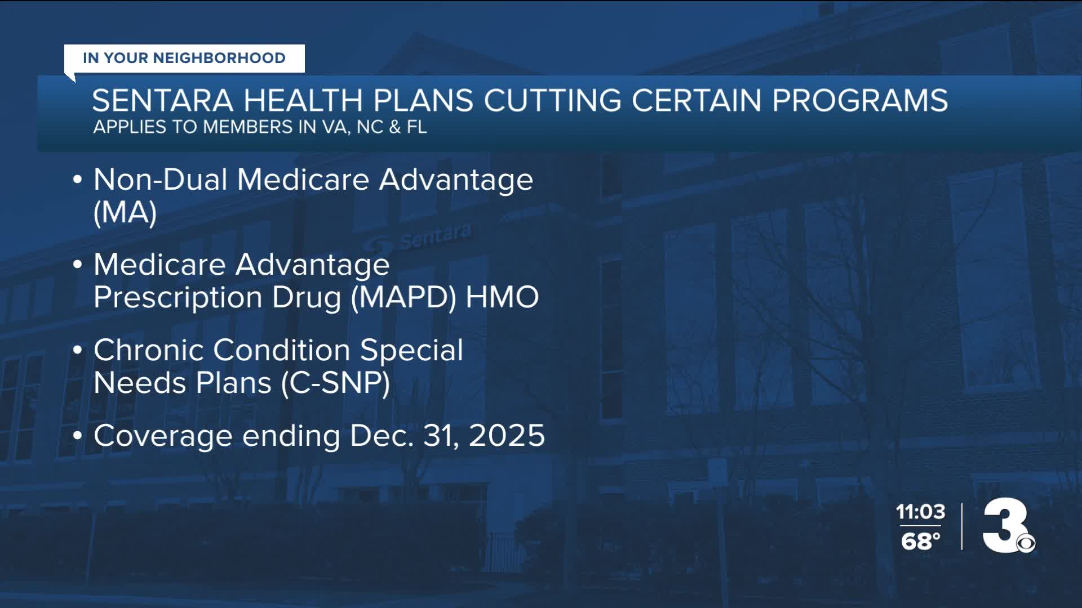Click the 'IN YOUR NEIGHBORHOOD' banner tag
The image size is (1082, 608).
point(184,58)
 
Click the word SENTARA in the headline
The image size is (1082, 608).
point(163,101)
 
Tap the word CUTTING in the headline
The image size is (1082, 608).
point(552,101)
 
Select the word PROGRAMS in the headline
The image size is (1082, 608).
point(860,101)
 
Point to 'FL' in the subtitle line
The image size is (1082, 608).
point(416,127)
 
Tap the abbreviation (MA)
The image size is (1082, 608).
point(125,213)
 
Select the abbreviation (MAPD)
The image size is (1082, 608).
point(403,297)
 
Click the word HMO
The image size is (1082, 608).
point(502,297)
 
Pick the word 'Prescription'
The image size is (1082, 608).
point(178,298)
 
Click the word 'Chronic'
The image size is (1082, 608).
point(149,350)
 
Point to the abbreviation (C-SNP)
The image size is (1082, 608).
point(336,383)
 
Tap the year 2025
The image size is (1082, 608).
point(507,436)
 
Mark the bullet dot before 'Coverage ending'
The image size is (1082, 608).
point(78,436)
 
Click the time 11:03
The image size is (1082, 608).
point(920,512)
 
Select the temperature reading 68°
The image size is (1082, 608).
point(920,542)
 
